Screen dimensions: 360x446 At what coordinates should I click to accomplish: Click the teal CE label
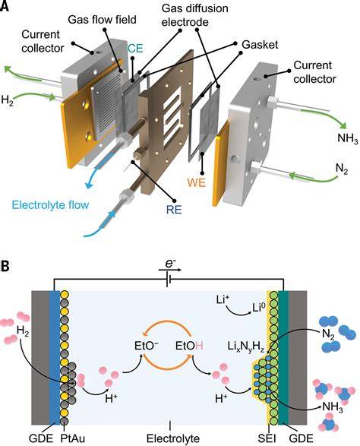pos(135,49)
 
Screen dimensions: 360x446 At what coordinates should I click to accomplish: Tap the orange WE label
pos(196,182)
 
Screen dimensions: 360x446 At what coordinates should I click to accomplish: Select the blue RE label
pos(174,210)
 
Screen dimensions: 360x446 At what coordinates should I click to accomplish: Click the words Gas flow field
pos(102,20)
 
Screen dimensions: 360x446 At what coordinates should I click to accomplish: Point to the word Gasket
pos(260,45)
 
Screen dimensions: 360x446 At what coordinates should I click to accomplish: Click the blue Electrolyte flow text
pos(50,205)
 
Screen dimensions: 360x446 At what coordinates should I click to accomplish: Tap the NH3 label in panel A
pos(347,138)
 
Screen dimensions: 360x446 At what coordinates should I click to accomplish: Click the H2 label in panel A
pos(8,100)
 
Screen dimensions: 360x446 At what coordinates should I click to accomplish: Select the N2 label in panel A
pos(342,169)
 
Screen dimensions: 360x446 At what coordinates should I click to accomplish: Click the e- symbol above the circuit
pos(169,264)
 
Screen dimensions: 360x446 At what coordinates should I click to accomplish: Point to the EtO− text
pos(146,346)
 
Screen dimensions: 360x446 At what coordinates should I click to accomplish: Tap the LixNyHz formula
pos(246,346)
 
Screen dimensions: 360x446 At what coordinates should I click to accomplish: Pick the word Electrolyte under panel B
pos(173,438)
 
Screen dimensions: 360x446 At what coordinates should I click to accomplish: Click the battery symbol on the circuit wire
pos(169,280)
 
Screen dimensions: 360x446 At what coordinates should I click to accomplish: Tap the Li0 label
pos(259,308)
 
